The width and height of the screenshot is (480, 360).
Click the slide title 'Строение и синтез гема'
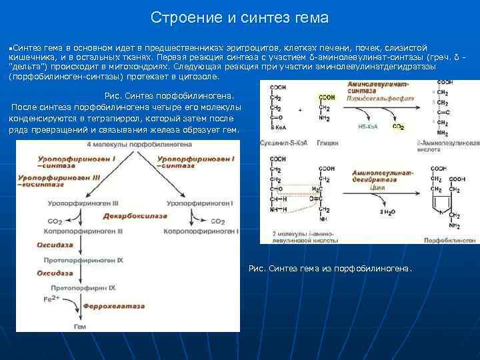[x=239, y=17]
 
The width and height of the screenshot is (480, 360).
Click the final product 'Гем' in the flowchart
[x=79, y=327]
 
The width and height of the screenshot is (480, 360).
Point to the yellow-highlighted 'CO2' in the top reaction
[x=399, y=126]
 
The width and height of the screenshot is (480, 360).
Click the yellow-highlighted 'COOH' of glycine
[x=327, y=97]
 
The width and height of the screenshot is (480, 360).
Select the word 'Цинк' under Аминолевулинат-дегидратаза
[x=378, y=189]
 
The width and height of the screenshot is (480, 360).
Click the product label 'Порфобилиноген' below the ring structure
[x=454, y=238]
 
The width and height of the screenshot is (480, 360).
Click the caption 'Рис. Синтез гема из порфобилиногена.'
[x=330, y=269]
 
